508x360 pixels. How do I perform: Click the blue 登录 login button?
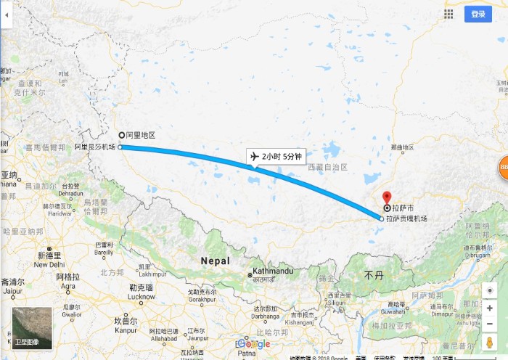click(478, 14)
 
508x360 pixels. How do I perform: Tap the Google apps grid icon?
click(449, 14)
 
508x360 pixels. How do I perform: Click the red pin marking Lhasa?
click(386, 197)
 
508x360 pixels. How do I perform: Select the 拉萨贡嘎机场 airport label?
click(406, 218)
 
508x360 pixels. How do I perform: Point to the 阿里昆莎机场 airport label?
click(95, 147)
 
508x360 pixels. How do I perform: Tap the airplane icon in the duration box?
click(254, 156)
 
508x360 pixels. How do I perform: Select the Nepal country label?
click(215, 261)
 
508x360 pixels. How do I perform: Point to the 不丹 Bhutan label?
click(373, 276)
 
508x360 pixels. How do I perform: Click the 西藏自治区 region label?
click(327, 167)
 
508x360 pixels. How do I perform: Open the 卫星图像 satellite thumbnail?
click(32, 327)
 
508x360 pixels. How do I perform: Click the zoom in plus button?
click(490, 308)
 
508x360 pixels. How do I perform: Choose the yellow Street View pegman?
click(490, 343)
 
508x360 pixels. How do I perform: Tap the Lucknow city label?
click(142, 296)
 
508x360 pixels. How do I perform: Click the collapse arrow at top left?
click(5, 14)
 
